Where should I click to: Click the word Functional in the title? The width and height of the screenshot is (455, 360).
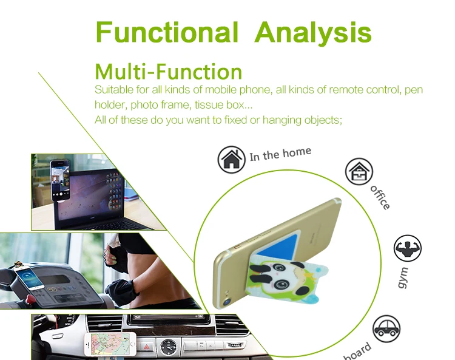tap(167, 32)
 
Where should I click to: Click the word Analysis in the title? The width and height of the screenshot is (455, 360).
tap(313, 33)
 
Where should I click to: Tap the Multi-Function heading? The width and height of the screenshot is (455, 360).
tap(168, 72)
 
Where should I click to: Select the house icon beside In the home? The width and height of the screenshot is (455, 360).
tap(231, 160)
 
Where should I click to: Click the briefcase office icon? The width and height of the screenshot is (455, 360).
tap(359, 172)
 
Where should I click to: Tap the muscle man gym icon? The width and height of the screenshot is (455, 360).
tap(408, 248)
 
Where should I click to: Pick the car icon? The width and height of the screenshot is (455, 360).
tap(386, 329)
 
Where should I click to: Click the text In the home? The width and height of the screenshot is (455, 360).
tap(280, 154)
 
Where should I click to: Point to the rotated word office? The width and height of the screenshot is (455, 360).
tap(380, 197)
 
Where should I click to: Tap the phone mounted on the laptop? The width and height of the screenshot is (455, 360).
tap(60, 180)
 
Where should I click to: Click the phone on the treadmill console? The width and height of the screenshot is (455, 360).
tap(29, 278)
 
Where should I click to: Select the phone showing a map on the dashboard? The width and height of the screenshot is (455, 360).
tap(110, 344)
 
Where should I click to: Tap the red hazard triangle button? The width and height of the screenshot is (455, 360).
tap(147, 347)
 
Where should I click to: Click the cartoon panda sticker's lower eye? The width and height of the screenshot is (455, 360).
tap(281, 284)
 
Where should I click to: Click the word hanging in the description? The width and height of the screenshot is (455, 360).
tap(281, 120)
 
